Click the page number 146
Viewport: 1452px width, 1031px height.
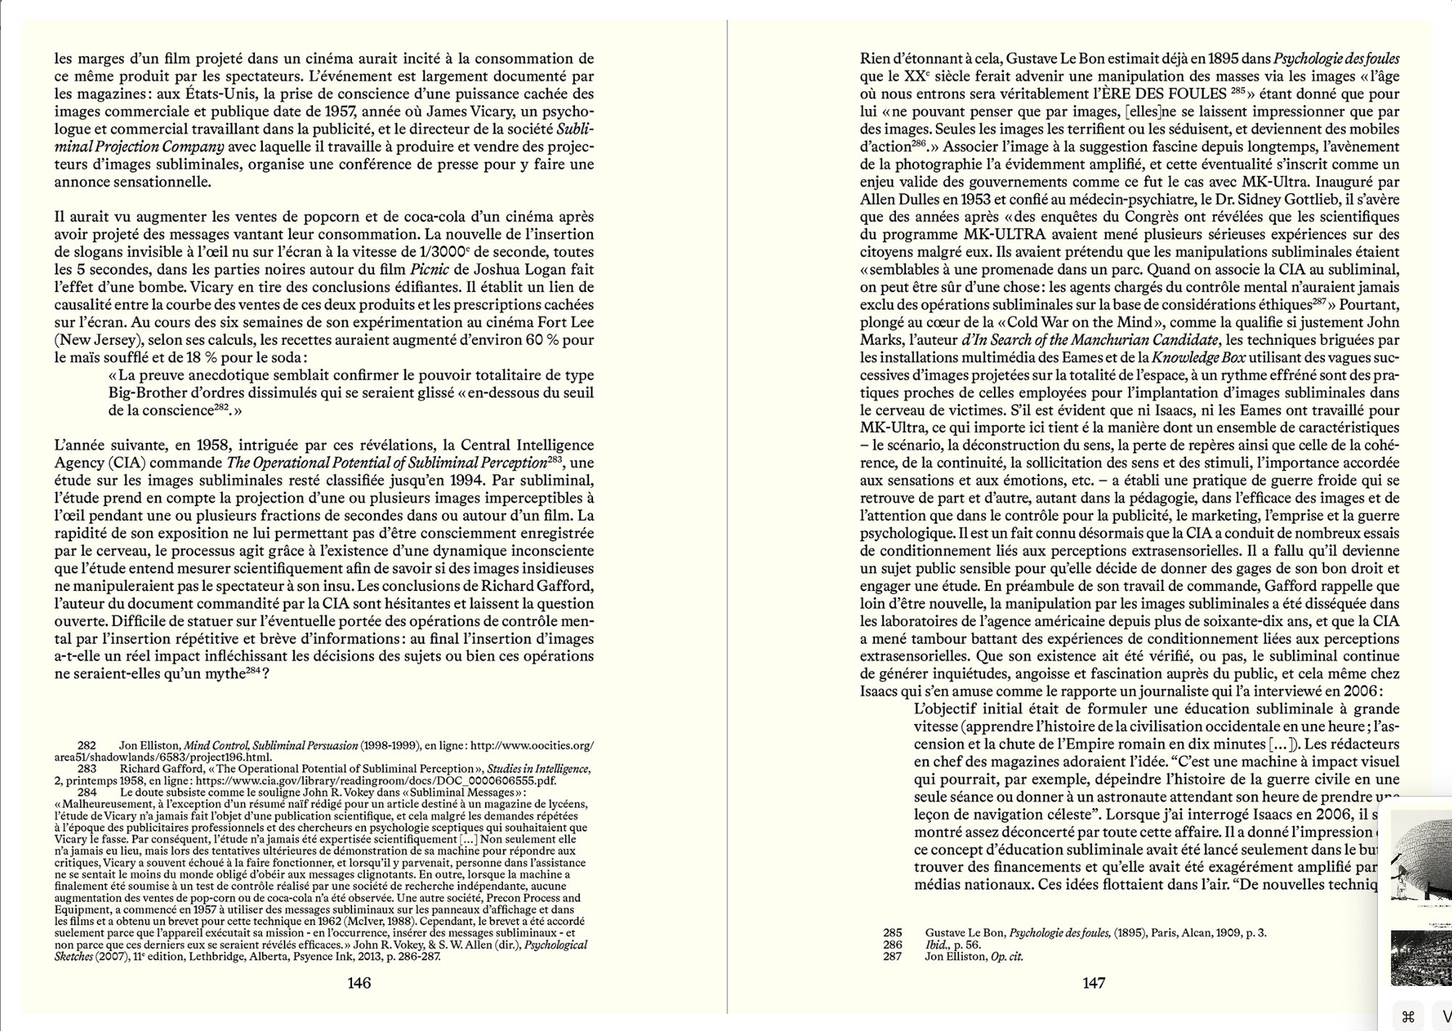click(x=359, y=983)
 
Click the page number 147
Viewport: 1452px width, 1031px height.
click(x=1093, y=983)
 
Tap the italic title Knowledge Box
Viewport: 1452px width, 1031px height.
click(x=1186, y=357)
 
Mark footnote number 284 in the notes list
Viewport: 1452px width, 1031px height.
click(x=86, y=792)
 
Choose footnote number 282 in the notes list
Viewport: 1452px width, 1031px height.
click(x=86, y=746)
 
